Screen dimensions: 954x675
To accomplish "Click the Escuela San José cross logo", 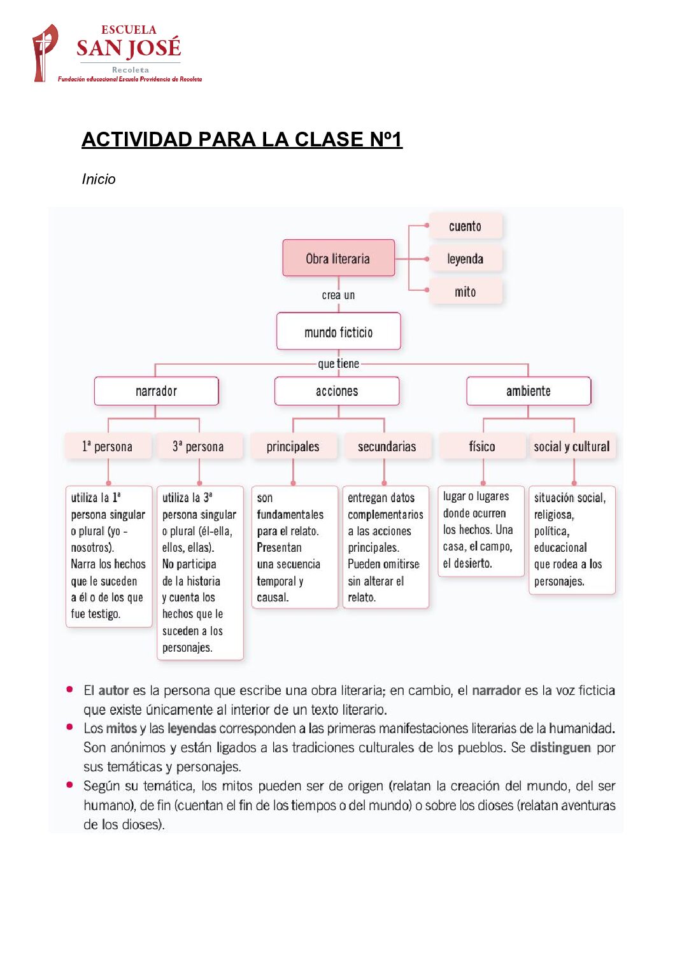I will pos(45,53).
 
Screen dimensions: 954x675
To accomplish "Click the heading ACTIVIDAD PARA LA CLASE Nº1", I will pos(241,139).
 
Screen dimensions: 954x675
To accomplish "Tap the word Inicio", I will pos(99,179).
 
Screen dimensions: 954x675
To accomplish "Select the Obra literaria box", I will pos(338,258).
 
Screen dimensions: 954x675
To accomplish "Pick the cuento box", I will pos(465,226).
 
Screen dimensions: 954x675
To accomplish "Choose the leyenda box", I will pos(465,259).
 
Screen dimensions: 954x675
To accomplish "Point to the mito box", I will pos(465,292).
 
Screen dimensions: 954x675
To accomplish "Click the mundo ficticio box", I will pos(338,332).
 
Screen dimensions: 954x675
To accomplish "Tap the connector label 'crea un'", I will pos(338,295).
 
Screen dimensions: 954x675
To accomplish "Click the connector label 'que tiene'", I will pos(338,364).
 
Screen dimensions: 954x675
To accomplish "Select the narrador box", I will pos(156,391).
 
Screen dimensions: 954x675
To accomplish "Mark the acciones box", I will pos(337,391).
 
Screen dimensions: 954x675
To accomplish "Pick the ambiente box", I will pos(528,391).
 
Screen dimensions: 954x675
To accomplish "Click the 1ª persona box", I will pos(108,447).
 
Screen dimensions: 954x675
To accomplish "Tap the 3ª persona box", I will pos(199,447).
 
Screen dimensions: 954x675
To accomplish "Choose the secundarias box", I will pos(387,447).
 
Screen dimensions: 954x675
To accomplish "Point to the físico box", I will pos(481,447).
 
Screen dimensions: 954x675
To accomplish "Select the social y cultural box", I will pos(571,447).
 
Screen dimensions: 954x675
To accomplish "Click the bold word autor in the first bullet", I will pos(113,691).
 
